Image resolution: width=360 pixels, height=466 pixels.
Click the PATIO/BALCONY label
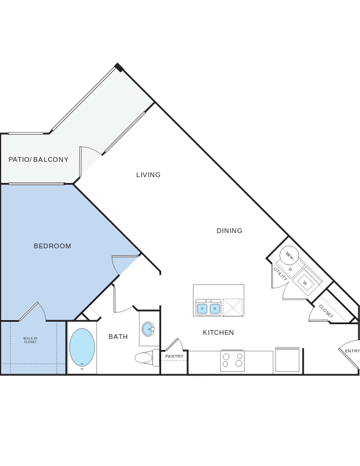(x=38, y=159)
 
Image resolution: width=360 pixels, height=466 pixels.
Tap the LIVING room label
(x=148, y=175)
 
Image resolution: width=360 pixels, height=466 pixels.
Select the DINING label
(x=229, y=231)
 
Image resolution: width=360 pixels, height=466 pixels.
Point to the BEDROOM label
(x=52, y=246)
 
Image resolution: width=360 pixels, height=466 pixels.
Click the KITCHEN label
(x=218, y=332)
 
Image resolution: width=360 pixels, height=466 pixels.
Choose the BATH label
(x=118, y=337)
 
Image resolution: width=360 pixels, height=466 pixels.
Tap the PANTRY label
(x=174, y=356)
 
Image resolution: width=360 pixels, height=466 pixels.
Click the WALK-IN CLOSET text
(x=30, y=340)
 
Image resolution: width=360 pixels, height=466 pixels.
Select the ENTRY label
(x=352, y=351)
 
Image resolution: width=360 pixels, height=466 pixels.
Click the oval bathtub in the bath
(x=82, y=347)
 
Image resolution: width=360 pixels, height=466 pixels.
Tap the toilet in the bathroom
(x=145, y=357)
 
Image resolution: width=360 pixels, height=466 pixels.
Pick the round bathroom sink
(x=148, y=329)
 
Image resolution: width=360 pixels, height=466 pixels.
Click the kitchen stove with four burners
(x=232, y=360)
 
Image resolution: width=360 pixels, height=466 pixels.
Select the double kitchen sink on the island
(x=208, y=308)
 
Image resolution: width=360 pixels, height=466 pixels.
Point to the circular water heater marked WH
(x=289, y=255)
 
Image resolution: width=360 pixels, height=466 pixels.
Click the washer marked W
(x=305, y=282)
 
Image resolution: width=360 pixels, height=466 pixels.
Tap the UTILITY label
(x=280, y=274)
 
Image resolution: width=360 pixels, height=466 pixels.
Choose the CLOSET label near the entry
(x=326, y=311)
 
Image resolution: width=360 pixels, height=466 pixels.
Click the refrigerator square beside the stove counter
(x=287, y=360)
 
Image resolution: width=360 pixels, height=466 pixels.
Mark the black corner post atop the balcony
(x=119, y=68)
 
